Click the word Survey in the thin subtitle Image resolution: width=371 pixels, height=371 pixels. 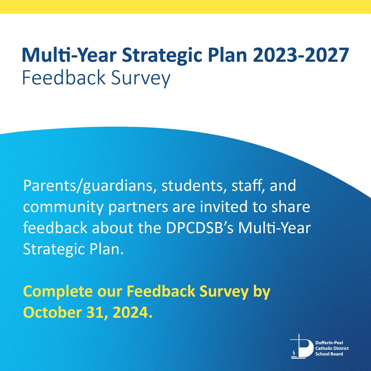click(142, 78)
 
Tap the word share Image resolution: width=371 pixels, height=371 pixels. click(289, 207)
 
